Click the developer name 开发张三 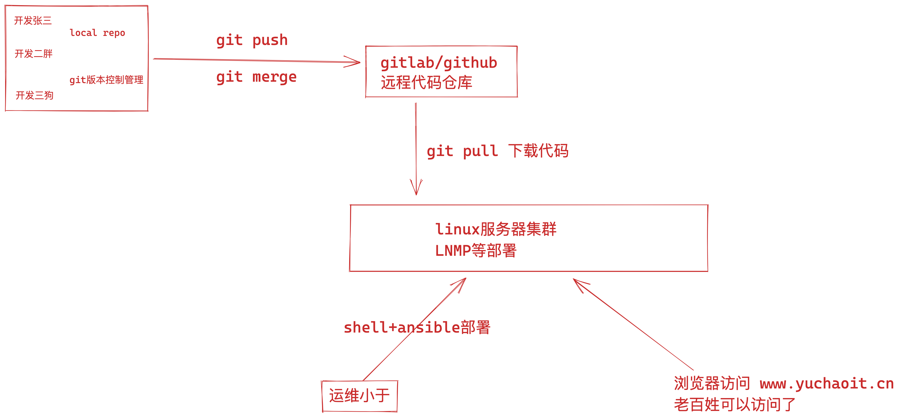(33, 21)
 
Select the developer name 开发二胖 (33, 54)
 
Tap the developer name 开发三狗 (34, 95)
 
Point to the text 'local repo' (97, 33)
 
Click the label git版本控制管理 (106, 80)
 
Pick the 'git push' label (252, 41)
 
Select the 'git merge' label (256, 77)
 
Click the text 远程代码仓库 (426, 83)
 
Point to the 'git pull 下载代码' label (497, 151)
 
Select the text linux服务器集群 (495, 229)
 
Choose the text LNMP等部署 (475, 251)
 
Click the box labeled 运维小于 (359, 396)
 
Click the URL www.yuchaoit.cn (826, 384)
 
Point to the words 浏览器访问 (712, 384)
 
